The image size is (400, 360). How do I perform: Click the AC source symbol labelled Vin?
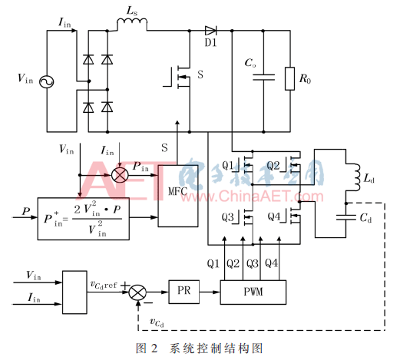(47, 82)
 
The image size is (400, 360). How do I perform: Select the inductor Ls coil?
(132, 22)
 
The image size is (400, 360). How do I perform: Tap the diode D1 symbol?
(210, 31)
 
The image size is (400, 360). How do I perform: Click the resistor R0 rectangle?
(289, 79)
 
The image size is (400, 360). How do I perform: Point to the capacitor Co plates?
(263, 78)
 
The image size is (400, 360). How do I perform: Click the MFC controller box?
(178, 196)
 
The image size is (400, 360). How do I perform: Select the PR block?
(183, 292)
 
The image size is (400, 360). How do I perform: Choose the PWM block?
(253, 292)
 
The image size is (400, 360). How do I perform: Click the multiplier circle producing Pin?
(120, 175)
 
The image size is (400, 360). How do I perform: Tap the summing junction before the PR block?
(137, 292)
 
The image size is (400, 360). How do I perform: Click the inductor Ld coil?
(354, 177)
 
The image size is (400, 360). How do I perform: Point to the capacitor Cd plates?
(346, 217)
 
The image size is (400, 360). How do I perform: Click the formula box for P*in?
(84, 219)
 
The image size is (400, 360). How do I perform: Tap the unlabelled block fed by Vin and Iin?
(74, 292)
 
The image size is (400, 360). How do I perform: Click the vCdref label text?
(104, 285)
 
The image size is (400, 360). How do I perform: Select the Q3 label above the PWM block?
(252, 263)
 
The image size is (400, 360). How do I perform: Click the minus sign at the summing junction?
(148, 303)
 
